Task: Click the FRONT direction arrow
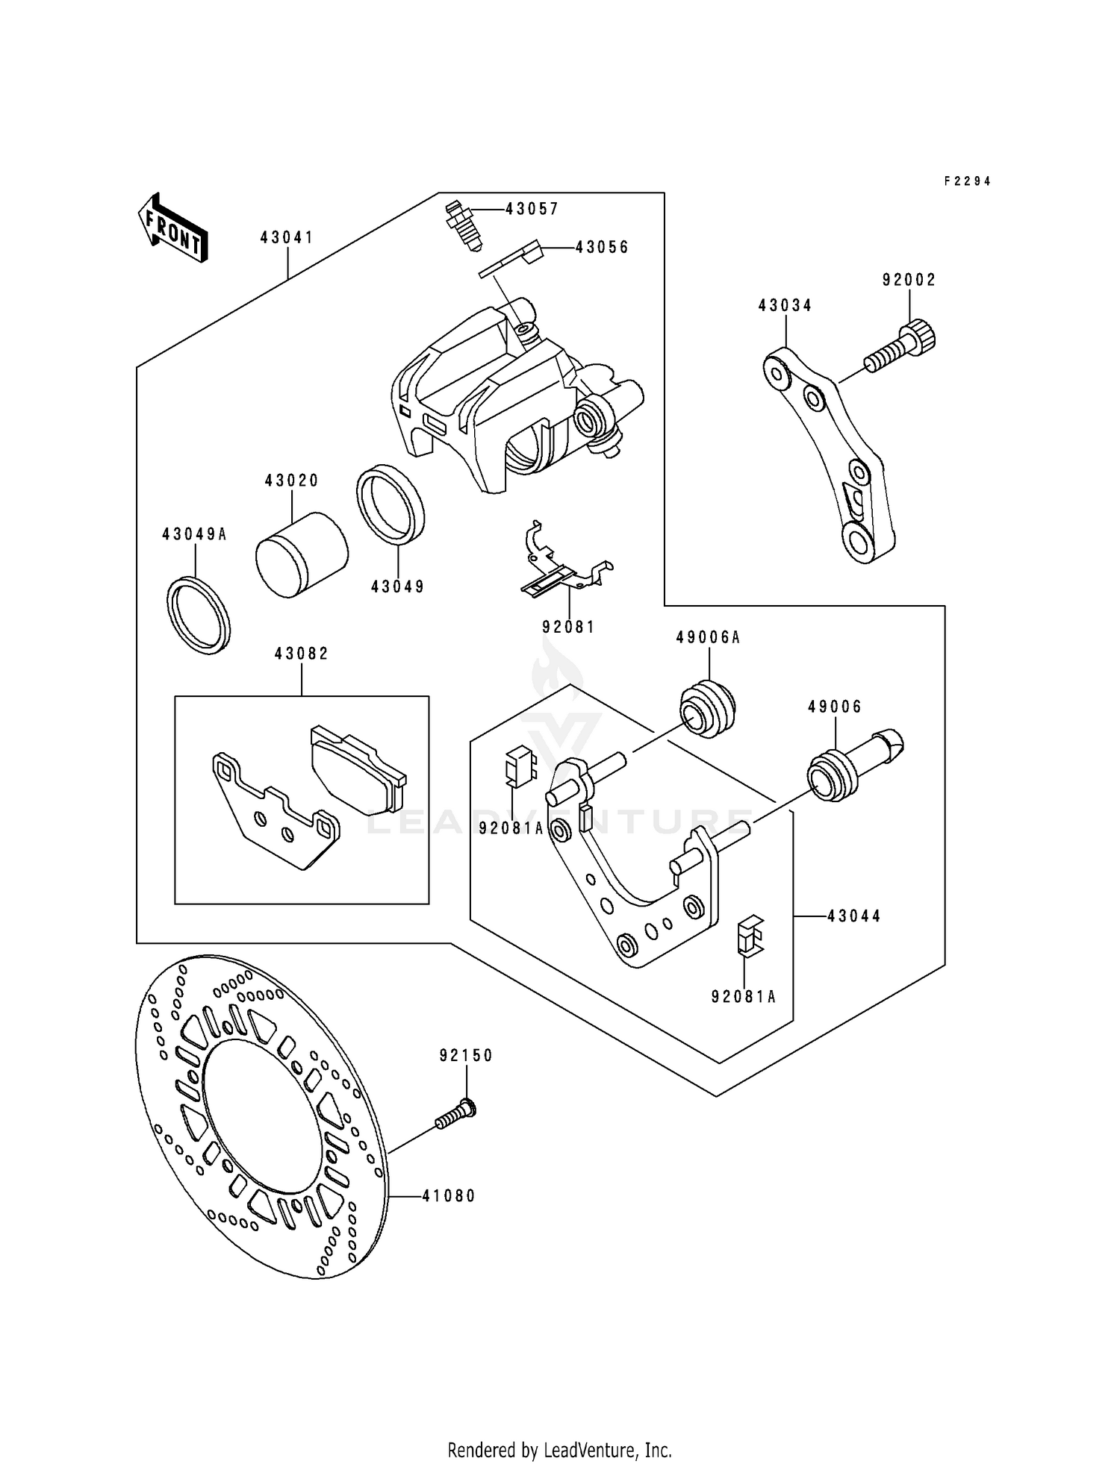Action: (172, 228)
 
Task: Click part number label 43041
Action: (287, 238)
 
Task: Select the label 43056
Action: (602, 248)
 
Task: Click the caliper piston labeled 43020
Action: (301, 554)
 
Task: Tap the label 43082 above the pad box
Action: (302, 654)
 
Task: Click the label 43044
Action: (854, 916)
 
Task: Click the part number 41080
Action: (448, 1196)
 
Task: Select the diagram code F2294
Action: (967, 181)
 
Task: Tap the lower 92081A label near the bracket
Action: (744, 997)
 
